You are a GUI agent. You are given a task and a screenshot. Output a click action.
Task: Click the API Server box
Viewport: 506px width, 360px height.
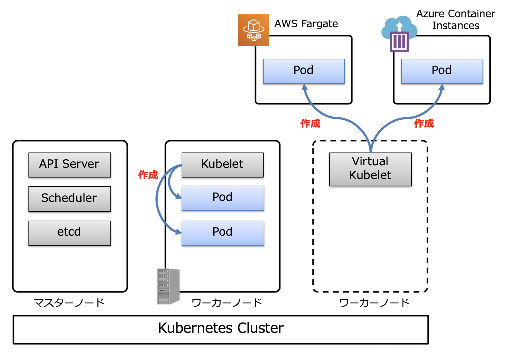point(69,165)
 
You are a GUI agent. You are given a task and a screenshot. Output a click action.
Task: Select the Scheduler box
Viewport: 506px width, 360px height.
point(69,199)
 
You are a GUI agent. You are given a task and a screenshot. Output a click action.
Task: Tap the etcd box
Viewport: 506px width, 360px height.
point(69,233)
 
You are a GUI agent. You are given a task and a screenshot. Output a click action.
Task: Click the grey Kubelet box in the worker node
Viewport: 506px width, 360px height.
point(222,165)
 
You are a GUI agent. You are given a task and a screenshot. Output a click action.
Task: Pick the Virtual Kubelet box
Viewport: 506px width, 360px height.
point(370,169)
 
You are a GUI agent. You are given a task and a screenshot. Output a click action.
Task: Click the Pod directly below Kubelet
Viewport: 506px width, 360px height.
point(223,198)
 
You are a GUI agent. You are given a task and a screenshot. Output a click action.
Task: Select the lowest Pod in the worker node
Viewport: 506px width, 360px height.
point(223,233)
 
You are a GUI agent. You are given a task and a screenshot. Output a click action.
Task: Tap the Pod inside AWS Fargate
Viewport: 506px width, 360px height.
point(304,71)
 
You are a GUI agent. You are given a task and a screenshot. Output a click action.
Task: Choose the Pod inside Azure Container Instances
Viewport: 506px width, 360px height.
point(442,71)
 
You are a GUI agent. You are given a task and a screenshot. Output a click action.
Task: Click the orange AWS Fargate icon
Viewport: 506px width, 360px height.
point(254,30)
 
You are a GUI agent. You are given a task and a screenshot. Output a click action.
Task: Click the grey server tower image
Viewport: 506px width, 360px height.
point(168,286)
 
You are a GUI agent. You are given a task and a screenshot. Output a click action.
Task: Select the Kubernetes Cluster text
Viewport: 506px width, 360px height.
point(221,328)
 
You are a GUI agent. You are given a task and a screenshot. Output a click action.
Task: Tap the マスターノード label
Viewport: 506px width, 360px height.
point(69,302)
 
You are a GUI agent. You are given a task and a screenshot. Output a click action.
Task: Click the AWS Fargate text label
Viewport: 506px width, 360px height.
point(306,24)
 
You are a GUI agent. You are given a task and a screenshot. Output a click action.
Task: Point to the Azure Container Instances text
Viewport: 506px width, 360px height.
point(456,19)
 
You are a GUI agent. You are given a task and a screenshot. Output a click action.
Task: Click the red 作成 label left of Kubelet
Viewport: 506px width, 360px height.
point(148,175)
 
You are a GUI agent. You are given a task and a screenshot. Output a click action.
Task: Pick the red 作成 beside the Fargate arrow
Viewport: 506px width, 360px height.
point(310,123)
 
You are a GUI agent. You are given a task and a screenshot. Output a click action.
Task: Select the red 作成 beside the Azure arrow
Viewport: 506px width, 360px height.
point(424,123)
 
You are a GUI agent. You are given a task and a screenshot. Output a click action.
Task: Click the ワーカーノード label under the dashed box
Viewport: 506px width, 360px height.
point(374,302)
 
